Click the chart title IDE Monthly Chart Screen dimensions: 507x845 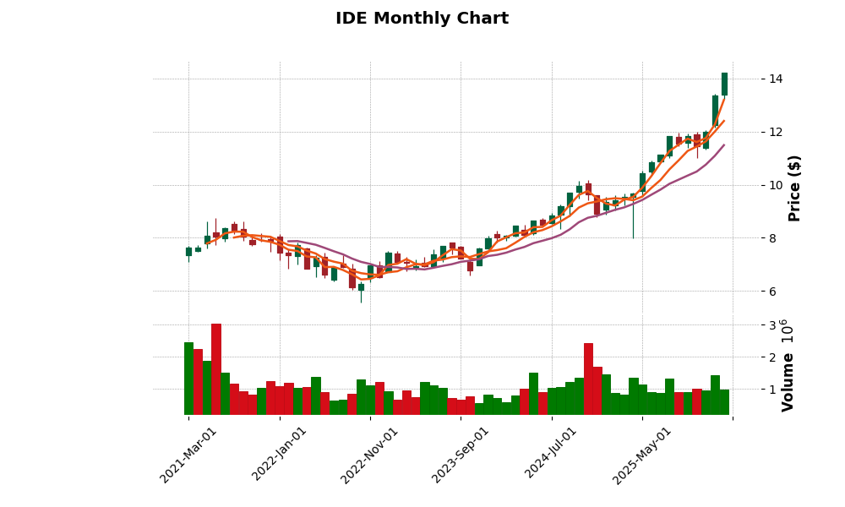(422, 19)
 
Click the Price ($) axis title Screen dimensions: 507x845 (795, 188)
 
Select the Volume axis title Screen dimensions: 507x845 (788, 382)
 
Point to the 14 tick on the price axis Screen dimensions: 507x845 (776, 79)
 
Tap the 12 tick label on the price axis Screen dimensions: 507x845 (776, 132)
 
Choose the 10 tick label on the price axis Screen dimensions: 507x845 (776, 185)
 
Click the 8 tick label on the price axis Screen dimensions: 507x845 (772, 238)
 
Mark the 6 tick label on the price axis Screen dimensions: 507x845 (772, 292)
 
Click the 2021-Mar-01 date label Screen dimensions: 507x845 (188, 455)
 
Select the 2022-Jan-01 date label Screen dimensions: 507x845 (280, 455)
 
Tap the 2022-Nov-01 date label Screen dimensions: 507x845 (369, 455)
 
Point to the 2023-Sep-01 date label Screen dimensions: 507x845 (461, 455)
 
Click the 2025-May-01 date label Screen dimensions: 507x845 (642, 455)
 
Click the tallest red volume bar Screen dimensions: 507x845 (216, 368)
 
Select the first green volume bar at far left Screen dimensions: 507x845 (188, 378)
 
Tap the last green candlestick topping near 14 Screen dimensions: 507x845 (724, 84)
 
